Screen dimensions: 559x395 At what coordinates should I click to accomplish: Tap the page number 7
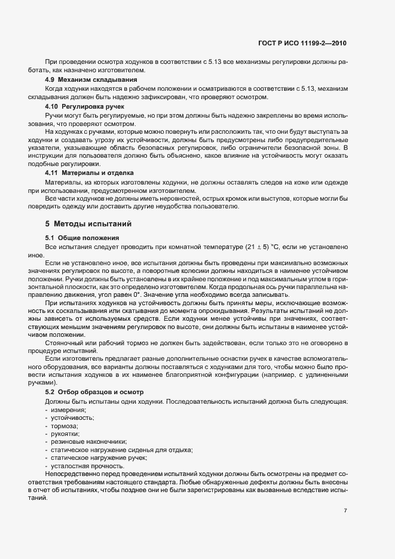click(x=345, y=510)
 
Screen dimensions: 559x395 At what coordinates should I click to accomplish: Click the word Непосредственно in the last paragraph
click(x=73, y=474)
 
